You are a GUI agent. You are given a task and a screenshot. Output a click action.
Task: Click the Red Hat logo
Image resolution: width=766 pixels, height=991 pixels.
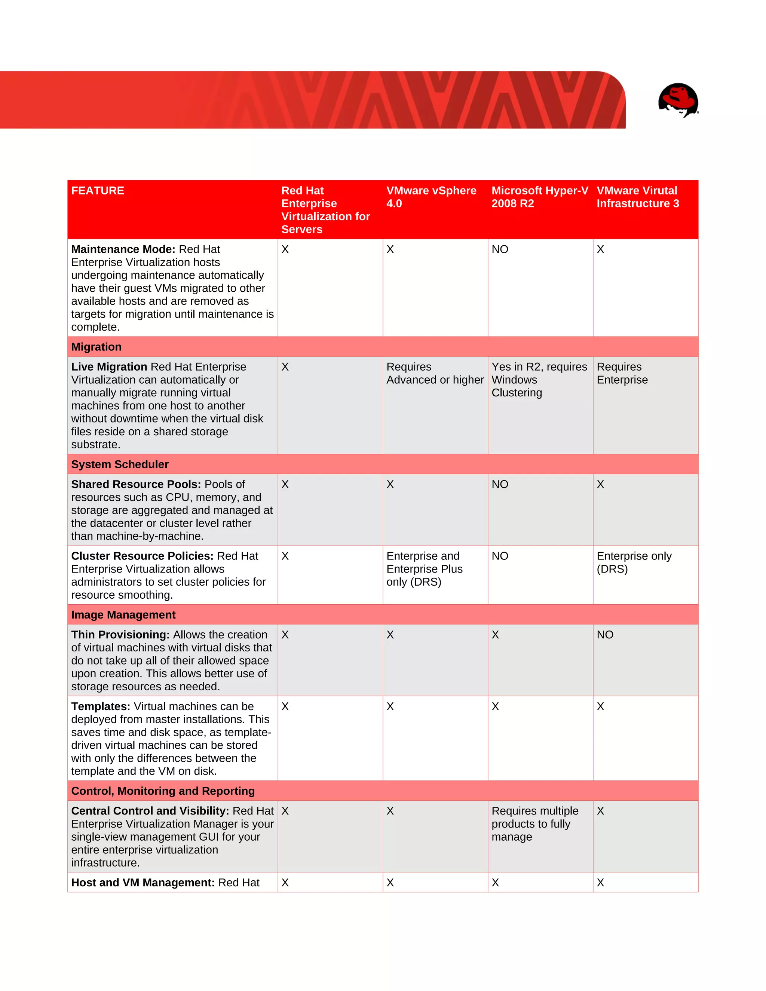tap(678, 100)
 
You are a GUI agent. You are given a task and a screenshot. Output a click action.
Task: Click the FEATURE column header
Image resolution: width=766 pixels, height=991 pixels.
tap(98, 191)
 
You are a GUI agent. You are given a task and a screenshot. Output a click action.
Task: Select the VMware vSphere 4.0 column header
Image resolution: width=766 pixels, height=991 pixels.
tap(431, 197)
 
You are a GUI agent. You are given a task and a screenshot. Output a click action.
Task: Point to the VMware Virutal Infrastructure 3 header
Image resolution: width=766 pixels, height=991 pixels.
tap(638, 197)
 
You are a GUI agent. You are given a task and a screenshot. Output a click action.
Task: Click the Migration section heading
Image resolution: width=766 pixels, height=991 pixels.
tap(96, 347)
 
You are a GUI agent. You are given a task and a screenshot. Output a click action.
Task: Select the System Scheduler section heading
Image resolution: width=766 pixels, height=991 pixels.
tap(120, 464)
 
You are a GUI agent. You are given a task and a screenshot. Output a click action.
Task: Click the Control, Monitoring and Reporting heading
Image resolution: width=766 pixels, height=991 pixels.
tap(162, 791)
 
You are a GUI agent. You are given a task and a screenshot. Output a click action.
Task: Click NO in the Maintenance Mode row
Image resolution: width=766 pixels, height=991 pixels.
tap(500, 249)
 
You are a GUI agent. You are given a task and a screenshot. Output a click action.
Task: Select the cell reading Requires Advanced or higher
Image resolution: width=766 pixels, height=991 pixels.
tap(434, 374)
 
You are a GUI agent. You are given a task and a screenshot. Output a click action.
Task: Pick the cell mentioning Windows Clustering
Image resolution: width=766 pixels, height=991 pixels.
tap(539, 380)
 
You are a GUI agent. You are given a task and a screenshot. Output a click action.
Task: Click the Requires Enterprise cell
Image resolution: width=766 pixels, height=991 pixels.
tap(622, 374)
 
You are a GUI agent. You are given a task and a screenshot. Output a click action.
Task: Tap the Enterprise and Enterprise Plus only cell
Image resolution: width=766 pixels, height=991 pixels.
tap(424, 569)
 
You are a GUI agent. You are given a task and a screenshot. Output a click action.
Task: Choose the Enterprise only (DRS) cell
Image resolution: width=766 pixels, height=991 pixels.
tap(634, 563)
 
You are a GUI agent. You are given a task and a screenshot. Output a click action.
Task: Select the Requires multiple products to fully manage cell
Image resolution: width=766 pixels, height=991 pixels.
tap(534, 823)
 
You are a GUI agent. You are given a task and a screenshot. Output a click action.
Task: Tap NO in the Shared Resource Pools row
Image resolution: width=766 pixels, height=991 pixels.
tap(500, 484)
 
